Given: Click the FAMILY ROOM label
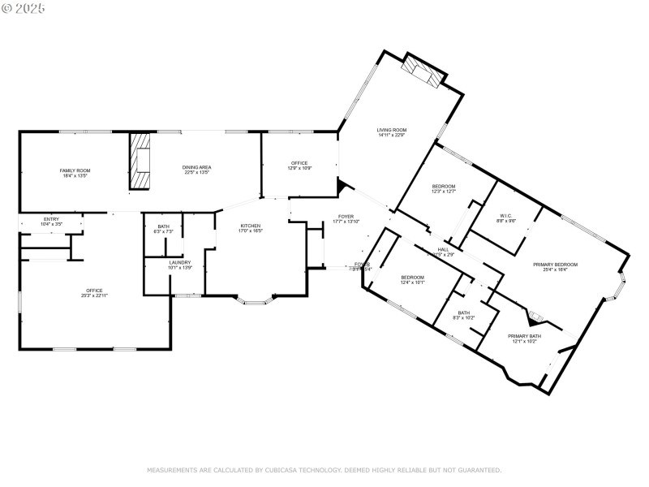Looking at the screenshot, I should coord(75,170).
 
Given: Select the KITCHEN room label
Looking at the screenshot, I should coord(250,225).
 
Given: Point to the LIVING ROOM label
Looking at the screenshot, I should coord(391,130).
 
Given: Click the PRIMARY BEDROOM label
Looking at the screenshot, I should coord(555,265).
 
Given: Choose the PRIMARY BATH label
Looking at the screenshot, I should coord(523,336).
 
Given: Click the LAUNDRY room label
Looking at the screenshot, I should coord(180,262).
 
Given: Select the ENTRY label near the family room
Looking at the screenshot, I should coord(51,218).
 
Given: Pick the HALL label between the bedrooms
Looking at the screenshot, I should coord(443,249).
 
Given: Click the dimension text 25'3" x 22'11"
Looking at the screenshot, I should coord(95,295).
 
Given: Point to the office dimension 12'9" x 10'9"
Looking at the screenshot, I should coord(299,168).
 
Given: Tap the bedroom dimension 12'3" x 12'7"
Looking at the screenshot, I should coord(443,192).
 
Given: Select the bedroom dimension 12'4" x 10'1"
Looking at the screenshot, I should coord(412,282).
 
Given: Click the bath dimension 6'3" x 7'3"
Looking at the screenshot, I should coord(164,232).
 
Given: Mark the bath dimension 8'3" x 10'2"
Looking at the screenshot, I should coord(463,317).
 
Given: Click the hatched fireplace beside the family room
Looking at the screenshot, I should coord(142,161).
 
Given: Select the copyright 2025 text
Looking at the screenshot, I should coord(24,7).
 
